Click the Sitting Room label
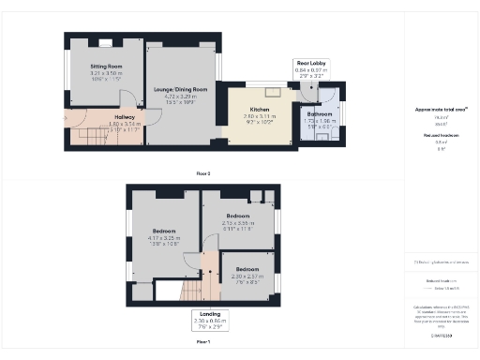pos(107,67)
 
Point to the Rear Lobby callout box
pos(311,67)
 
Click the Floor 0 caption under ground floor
pos(202,173)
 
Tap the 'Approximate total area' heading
pos(441,110)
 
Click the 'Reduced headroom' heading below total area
pos(440,134)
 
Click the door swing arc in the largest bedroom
pos(191,264)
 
